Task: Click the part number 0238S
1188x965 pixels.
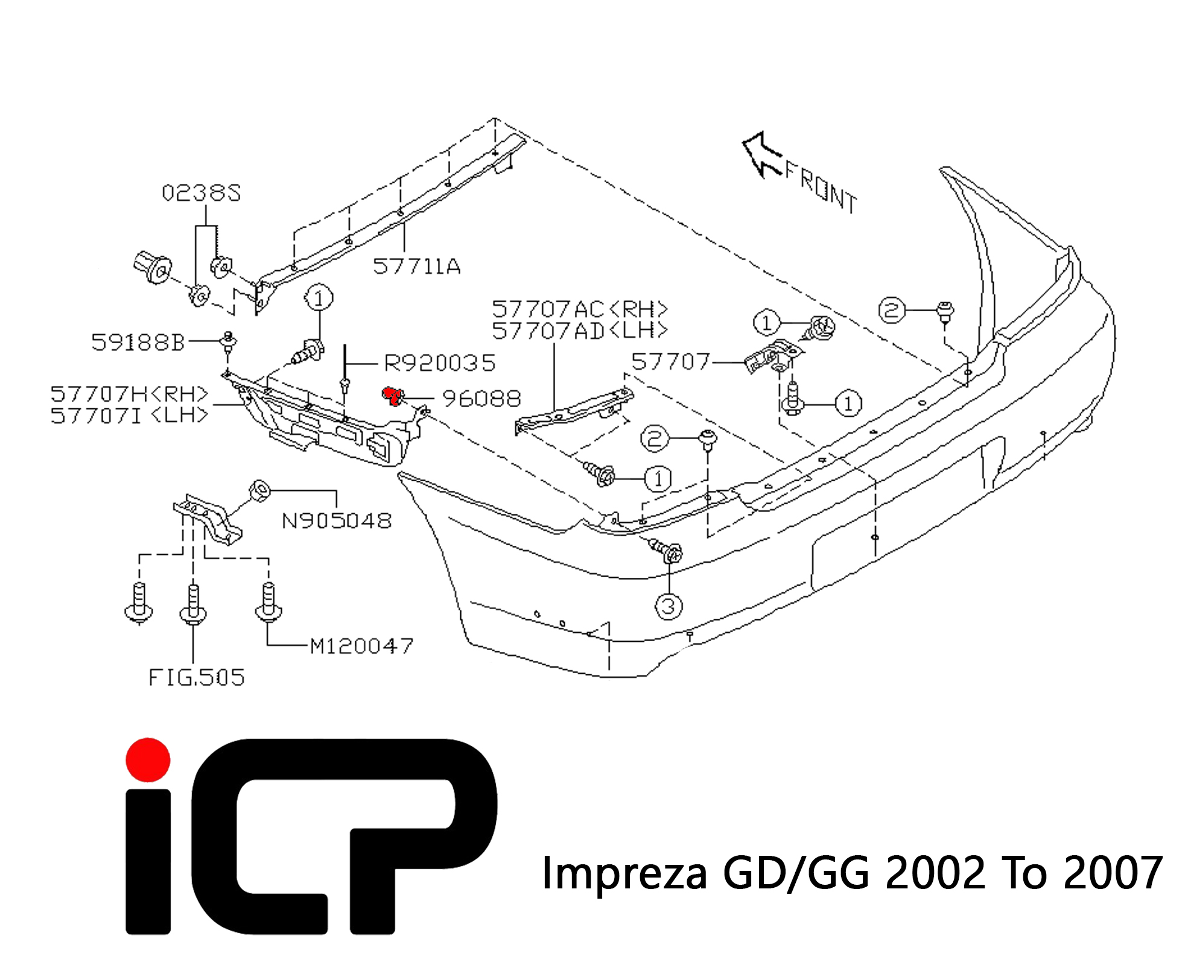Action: coord(202,194)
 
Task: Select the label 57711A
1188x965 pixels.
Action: coord(417,267)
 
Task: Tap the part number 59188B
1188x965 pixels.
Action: coord(138,343)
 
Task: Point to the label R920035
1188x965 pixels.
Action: coord(440,363)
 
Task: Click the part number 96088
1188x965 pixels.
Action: coord(481,399)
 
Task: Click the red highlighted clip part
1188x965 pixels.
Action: coord(393,396)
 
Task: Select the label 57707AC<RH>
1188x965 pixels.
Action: coord(580,309)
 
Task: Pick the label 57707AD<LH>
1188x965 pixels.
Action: coord(580,331)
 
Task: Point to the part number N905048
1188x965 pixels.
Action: coord(337,520)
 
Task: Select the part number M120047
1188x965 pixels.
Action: coord(361,647)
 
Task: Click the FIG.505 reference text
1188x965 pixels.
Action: coord(197,678)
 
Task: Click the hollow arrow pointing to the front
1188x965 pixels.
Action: coord(761,154)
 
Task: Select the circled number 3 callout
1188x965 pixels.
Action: coord(669,606)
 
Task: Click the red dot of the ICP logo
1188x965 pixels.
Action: coord(148,760)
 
